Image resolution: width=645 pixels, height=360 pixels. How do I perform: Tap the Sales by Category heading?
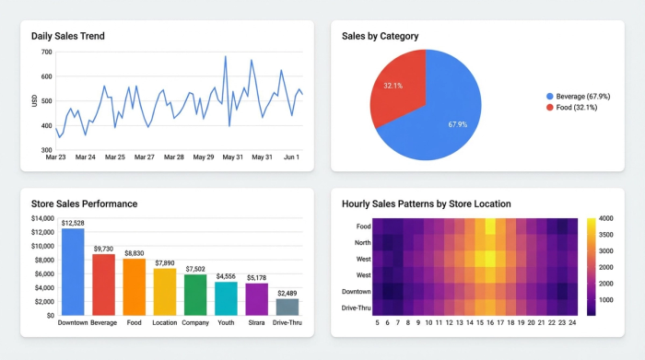[380, 36]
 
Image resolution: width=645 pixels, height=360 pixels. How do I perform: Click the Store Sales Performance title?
[84, 203]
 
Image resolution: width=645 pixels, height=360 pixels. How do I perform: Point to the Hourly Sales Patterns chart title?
[426, 203]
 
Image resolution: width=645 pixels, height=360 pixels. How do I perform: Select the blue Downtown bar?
[73, 272]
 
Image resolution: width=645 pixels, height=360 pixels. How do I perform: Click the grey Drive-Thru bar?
[287, 307]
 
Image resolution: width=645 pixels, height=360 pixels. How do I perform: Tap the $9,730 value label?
[104, 249]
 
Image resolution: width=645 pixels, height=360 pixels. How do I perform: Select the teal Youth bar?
[226, 298]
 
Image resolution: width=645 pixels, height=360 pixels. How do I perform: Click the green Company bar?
[195, 295]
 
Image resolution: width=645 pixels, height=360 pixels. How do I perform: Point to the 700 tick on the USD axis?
[46, 52]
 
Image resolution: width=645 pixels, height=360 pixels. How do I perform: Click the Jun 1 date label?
[291, 157]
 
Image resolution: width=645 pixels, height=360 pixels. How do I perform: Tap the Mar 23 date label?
[55, 157]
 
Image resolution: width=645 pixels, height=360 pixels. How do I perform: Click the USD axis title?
[34, 100]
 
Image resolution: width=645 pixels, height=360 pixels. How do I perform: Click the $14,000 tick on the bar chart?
[42, 218]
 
